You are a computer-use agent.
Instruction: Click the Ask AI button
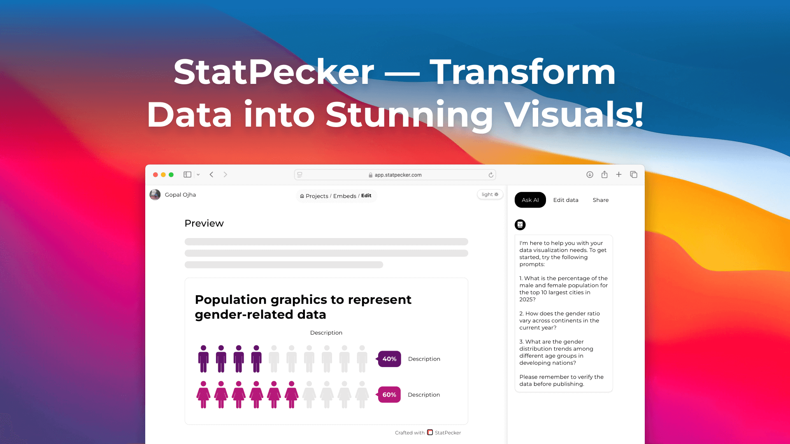[530, 200]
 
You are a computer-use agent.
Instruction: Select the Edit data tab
[566, 200]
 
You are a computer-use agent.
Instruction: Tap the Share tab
[600, 200]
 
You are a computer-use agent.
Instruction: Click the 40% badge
[389, 359]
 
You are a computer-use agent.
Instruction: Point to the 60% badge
[389, 395]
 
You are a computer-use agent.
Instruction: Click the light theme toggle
[490, 194]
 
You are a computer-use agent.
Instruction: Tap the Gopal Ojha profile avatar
[155, 194]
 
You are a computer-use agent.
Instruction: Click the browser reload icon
[491, 175]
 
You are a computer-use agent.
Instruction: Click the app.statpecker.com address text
[398, 175]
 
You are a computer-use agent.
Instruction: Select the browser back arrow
[211, 174]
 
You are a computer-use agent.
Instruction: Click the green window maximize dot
[171, 175]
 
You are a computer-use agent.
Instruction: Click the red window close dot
[156, 175]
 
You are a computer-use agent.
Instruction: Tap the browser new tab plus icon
[618, 174]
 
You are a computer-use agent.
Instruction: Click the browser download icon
[590, 174]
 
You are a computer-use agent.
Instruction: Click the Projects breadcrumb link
[316, 196]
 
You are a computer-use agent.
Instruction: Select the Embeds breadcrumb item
[344, 196]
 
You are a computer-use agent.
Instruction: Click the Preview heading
[204, 223]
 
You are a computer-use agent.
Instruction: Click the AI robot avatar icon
[520, 224]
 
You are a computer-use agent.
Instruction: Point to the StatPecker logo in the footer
[430, 432]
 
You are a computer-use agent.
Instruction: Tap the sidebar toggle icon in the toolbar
[188, 174]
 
